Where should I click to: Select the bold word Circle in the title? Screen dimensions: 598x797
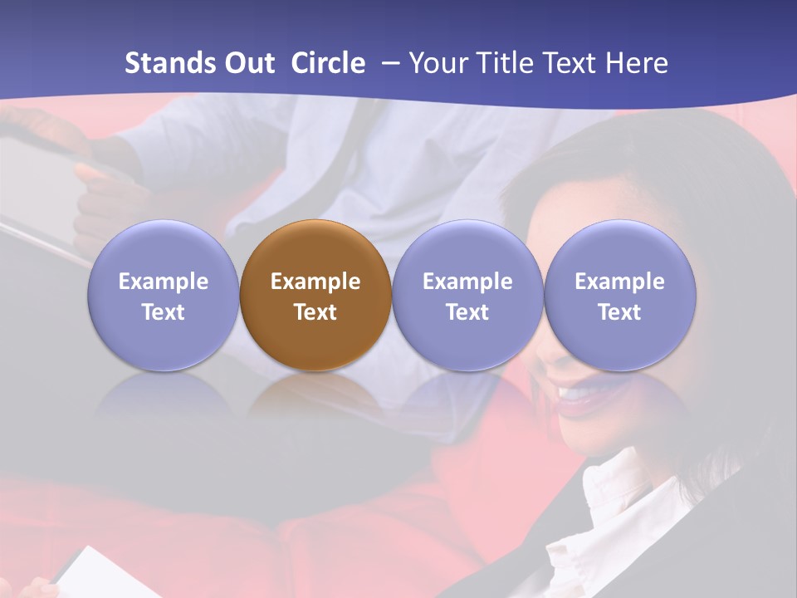click(x=328, y=63)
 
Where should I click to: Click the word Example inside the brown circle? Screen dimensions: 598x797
click(x=315, y=282)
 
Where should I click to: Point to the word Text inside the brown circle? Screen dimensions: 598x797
click(x=315, y=312)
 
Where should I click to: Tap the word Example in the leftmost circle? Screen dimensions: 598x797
click(x=163, y=282)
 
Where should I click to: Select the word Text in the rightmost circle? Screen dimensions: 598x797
click(x=620, y=312)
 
